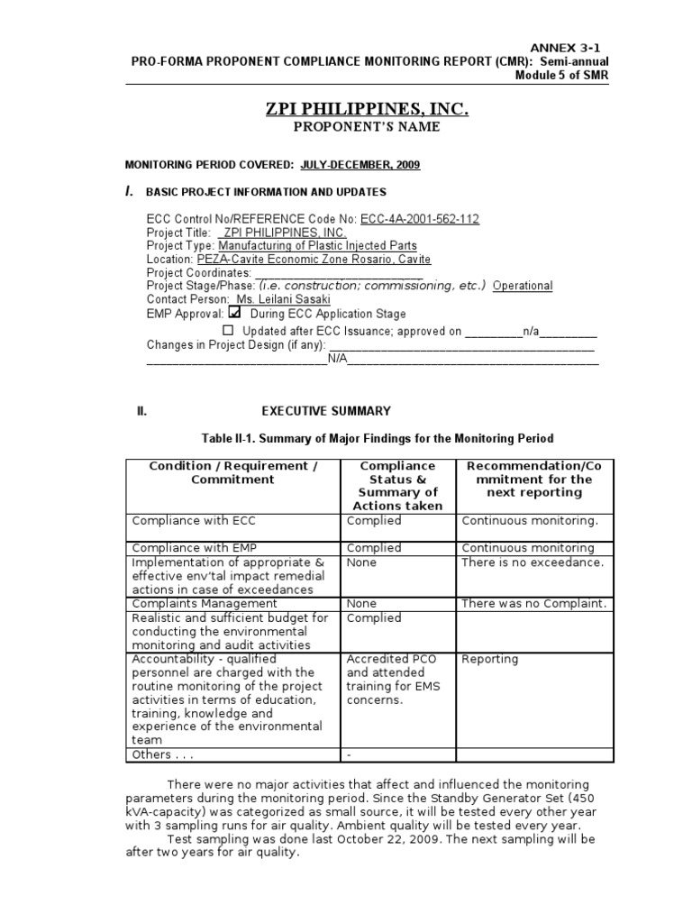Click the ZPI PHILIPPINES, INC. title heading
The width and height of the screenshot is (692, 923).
click(x=367, y=109)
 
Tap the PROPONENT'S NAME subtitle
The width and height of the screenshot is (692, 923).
click(x=367, y=127)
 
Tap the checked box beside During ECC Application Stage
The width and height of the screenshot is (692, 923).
click(x=235, y=313)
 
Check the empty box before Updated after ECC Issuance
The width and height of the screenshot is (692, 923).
click(x=227, y=331)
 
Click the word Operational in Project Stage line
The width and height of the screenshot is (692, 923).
click(x=523, y=286)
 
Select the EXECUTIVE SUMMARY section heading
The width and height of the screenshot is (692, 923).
click(x=326, y=411)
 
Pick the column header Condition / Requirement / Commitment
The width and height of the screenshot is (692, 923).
click(x=232, y=472)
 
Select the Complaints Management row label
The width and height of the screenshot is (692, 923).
click(x=205, y=604)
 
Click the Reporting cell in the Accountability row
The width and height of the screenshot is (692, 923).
click(x=489, y=659)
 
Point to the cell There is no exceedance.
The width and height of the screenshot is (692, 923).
click(x=532, y=562)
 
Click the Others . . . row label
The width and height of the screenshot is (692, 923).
click(x=163, y=754)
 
